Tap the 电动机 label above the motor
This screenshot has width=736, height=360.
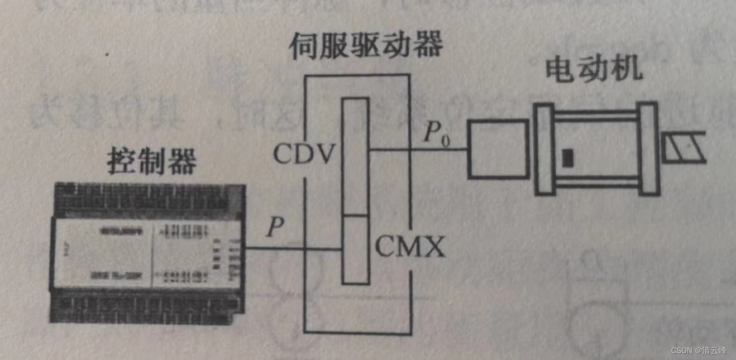pyautogui.click(x=594, y=71)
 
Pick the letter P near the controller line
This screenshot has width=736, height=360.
pyautogui.click(x=275, y=228)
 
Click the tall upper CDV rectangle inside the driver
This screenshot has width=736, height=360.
pyautogui.click(x=355, y=156)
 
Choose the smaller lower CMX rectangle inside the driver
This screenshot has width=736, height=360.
pyautogui.click(x=355, y=249)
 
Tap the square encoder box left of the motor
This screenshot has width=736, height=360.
pyautogui.click(x=498, y=149)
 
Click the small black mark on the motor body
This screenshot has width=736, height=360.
pyautogui.click(x=568, y=157)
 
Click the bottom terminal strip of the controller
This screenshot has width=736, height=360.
pyautogui.click(x=148, y=308)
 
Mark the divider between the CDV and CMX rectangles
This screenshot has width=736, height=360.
pyautogui.click(x=355, y=215)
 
